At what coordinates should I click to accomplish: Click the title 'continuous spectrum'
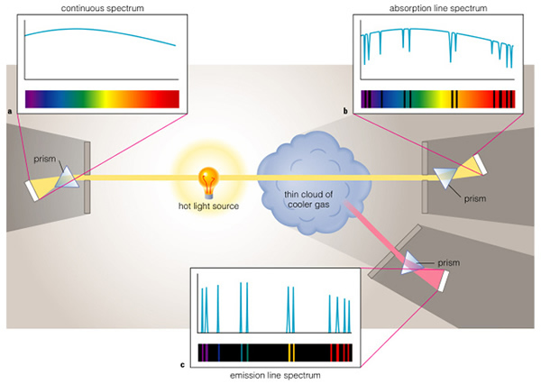[x=98, y=8]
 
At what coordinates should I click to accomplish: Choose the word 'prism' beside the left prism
[x=44, y=160]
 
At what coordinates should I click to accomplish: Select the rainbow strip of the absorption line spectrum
[x=438, y=98]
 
